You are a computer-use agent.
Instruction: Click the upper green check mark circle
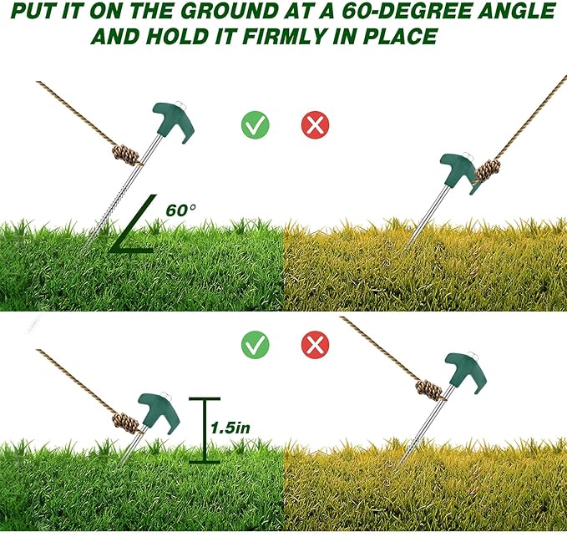pyautogui.click(x=255, y=125)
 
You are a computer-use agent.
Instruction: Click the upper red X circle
pyautogui.click(x=315, y=125)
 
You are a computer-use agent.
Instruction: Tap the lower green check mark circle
pyautogui.click(x=255, y=343)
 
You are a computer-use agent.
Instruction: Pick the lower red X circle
pyautogui.click(x=315, y=343)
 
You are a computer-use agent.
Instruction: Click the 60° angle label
pyautogui.click(x=180, y=210)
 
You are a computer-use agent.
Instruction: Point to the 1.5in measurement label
pyautogui.click(x=230, y=427)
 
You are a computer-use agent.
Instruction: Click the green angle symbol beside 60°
pyautogui.click(x=132, y=227)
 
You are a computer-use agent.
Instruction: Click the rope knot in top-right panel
pyautogui.click(x=487, y=170)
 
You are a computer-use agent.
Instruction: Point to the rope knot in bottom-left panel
pyautogui.click(x=125, y=421)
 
